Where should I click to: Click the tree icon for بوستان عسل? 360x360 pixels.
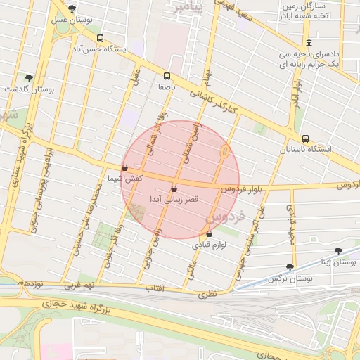coord(72,9)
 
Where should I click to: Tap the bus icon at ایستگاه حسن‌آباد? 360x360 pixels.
coord(101,39)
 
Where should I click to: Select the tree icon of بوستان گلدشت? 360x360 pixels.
coord(29,78)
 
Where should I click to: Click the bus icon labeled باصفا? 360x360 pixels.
coord(167,76)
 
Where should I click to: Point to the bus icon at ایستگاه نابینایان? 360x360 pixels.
coord(305,139)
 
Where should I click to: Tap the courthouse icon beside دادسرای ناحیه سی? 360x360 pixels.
coord(309,42)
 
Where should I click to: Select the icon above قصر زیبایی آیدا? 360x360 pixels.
coord(174,188)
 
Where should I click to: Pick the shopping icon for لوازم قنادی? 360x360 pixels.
coord(209,234)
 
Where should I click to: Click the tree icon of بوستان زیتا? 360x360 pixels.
coord(338,250)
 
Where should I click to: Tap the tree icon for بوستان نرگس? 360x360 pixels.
coord(290,267)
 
